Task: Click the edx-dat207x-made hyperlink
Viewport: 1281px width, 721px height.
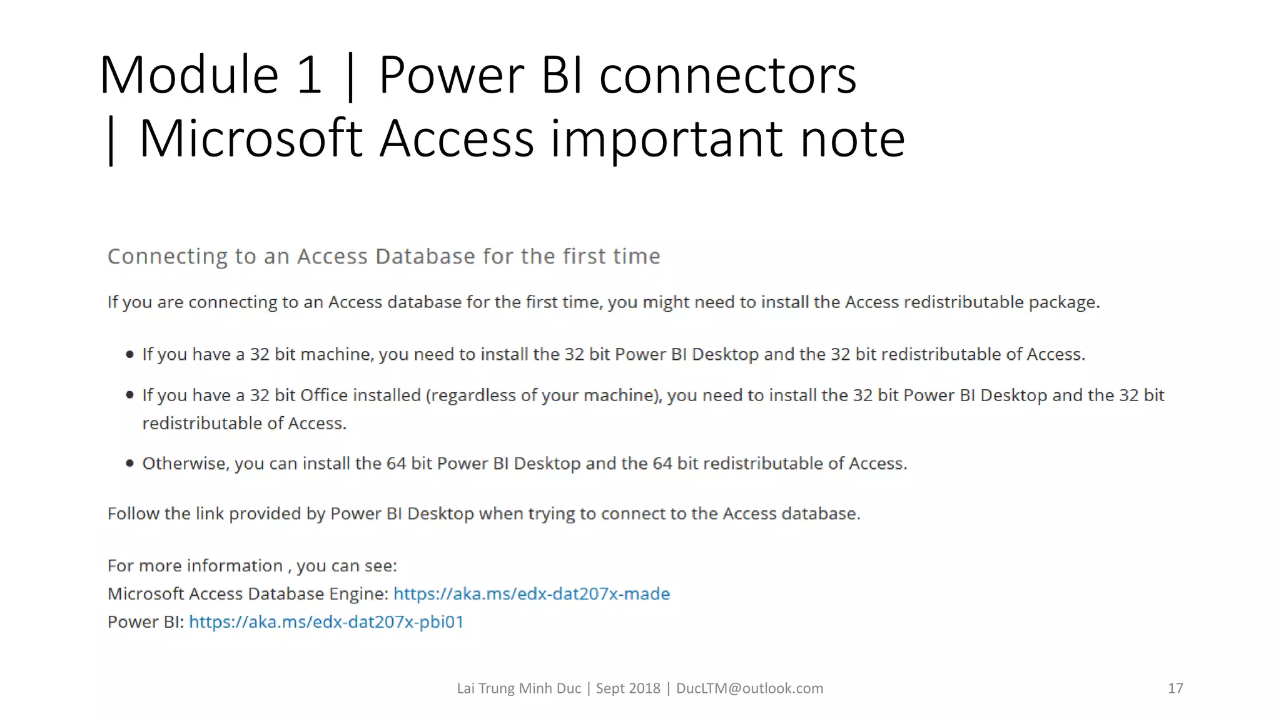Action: [x=531, y=593]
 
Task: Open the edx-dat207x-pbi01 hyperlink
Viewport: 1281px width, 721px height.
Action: [x=326, y=621]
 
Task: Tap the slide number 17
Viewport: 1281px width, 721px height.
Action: [x=1175, y=688]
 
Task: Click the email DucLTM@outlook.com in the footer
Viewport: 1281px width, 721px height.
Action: [x=749, y=688]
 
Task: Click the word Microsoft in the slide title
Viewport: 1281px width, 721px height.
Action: [x=250, y=138]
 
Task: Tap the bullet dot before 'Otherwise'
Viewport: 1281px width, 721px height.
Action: [x=130, y=463]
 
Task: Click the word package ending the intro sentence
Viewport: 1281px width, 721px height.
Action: [x=1063, y=302]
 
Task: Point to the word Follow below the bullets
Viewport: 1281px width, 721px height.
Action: [x=133, y=514]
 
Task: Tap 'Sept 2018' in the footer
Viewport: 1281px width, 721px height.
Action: [x=627, y=688]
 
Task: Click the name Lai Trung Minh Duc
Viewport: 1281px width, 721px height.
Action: [x=519, y=688]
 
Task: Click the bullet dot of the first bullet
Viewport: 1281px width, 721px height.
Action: [x=130, y=354]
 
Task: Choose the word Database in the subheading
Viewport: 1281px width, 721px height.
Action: [x=425, y=257]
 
